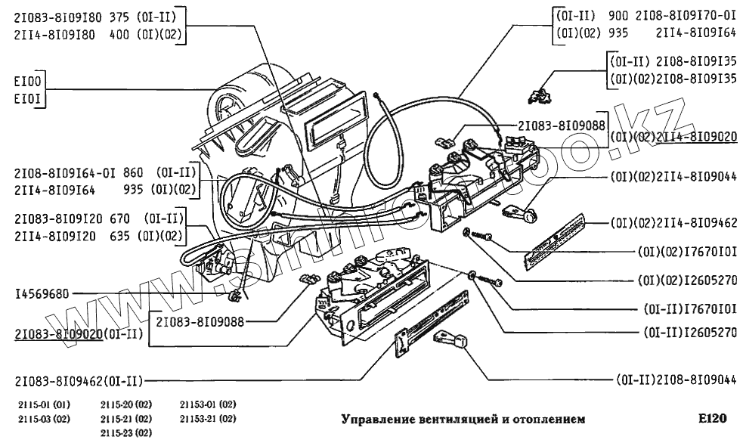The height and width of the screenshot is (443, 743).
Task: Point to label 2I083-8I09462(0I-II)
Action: coord(79,380)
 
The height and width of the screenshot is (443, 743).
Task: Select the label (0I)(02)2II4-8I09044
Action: coord(673,178)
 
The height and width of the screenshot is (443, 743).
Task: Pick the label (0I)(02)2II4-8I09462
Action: coord(673,223)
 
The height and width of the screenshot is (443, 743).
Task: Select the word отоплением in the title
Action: coord(550,419)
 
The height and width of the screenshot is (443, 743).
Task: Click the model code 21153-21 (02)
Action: coord(208,418)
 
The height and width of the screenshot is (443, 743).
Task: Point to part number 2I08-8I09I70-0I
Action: coord(685,14)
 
